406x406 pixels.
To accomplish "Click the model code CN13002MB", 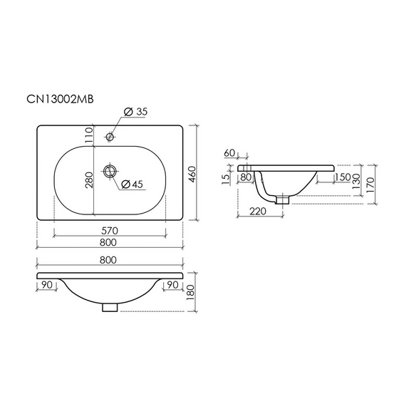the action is coord(60,99).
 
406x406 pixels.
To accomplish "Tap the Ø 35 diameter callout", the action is coord(135,112).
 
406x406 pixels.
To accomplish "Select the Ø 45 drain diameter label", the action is coord(132,184).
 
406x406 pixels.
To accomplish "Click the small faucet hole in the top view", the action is coord(110,136).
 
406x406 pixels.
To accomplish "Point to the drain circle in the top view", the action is coord(110,171).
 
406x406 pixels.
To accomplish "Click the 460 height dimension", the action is coord(192,175).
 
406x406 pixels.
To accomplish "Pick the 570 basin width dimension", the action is coord(110,231).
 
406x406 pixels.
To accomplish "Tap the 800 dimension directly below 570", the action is coord(108,242).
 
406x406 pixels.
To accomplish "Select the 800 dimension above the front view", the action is coord(108,260).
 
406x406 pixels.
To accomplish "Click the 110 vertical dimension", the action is coord(88,135).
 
